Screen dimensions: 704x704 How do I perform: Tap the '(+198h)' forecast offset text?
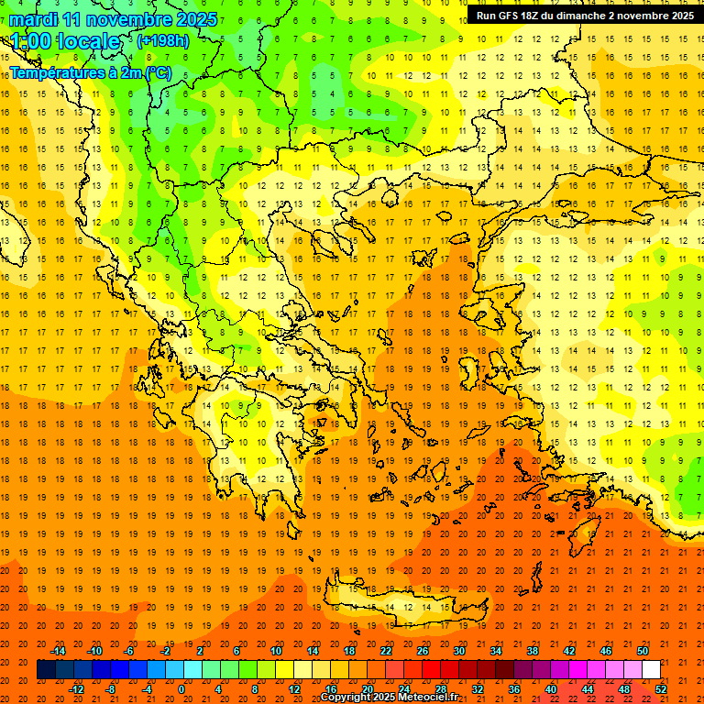pyautogui.click(x=163, y=41)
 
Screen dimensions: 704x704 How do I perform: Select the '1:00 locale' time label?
pyautogui.click(x=65, y=42)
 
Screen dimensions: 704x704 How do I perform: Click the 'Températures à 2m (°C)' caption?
pyautogui.click(x=90, y=72)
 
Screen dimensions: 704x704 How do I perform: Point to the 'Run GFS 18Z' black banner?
pyautogui.click(x=584, y=16)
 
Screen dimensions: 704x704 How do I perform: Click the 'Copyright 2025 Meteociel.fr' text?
pyautogui.click(x=389, y=698)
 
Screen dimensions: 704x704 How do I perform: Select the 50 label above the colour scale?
pyautogui.click(x=643, y=651)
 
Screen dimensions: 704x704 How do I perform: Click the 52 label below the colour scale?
pyautogui.click(x=661, y=688)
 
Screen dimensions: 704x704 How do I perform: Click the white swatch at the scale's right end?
pyautogui.click(x=651, y=670)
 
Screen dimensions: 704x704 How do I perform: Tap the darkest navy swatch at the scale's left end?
pyautogui.click(x=46, y=670)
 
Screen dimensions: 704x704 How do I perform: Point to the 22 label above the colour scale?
pyautogui.click(x=386, y=651)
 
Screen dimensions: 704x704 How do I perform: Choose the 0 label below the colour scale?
pyautogui.click(x=181, y=688)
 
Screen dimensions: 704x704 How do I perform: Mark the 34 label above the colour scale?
pyautogui.click(x=496, y=651)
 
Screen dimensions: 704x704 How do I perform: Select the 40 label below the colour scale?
pyautogui.click(x=551, y=688)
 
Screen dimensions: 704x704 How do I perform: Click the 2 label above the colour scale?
pyautogui.click(x=201, y=651)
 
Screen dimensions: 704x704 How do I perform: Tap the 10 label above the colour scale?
pyautogui.click(x=275, y=651)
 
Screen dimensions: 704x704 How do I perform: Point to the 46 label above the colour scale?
pyautogui.click(x=606, y=651)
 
